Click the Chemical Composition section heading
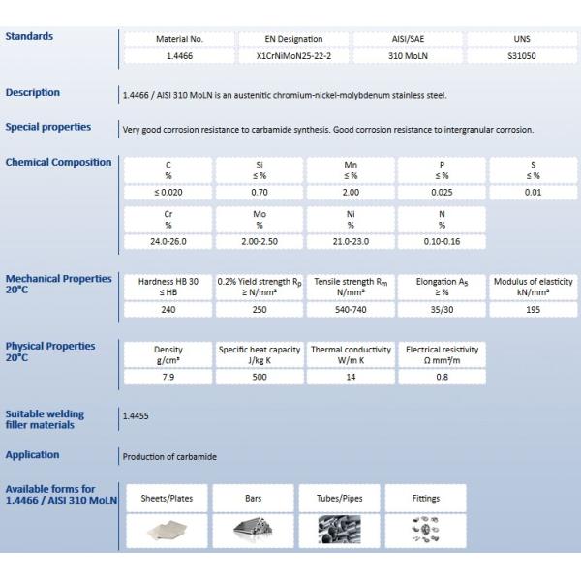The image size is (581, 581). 58,162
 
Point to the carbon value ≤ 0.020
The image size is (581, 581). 168,193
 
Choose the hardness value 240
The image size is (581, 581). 168,309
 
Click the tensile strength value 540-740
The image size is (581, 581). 351,309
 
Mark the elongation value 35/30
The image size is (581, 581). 442,309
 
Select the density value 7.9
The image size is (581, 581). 168,377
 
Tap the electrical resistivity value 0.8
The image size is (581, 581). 442,377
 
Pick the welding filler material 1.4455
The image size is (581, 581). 136,415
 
